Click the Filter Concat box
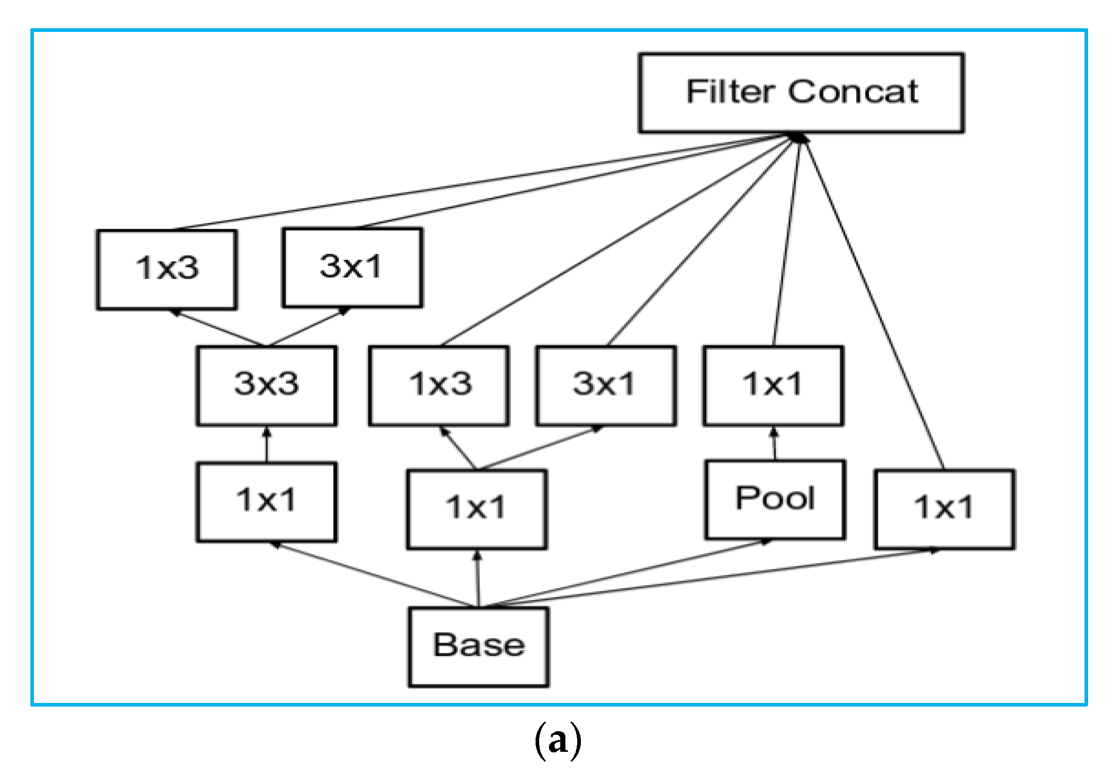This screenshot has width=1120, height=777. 801,93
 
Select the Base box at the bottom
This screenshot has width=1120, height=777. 478,646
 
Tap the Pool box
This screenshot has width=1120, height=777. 775,499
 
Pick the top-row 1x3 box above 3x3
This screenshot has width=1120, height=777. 167,269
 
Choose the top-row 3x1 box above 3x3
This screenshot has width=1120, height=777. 352,267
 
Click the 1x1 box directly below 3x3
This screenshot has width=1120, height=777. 266,502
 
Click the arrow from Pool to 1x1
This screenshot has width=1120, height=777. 774,444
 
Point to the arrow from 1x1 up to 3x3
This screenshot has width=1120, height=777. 266,445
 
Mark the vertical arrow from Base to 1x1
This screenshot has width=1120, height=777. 477,579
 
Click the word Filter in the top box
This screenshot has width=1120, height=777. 730,93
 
